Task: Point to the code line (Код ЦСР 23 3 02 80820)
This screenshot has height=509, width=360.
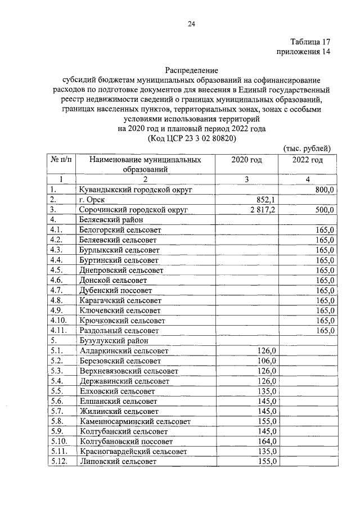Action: (x=191, y=138)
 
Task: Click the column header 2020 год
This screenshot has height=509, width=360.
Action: (x=246, y=160)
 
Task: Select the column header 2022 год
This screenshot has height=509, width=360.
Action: (x=307, y=160)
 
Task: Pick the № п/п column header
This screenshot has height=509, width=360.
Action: (x=61, y=160)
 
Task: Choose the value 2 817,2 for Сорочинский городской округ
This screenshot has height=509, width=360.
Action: (x=262, y=209)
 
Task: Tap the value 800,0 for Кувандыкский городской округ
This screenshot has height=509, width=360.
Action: (x=325, y=190)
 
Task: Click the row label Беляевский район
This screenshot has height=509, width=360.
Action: (x=107, y=219)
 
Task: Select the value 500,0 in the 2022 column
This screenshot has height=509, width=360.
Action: (x=325, y=209)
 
